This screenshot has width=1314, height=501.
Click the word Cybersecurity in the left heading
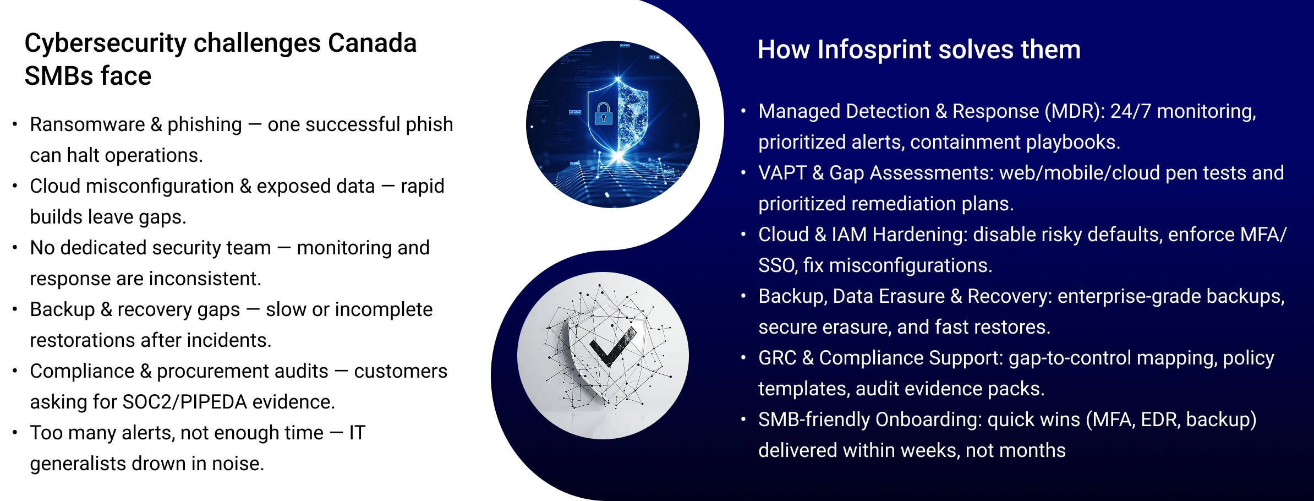click(105, 44)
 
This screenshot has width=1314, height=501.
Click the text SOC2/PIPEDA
click(184, 402)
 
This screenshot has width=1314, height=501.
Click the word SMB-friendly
click(814, 420)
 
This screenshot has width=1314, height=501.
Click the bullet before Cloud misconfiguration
click(15, 186)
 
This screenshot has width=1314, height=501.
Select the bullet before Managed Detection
click(743, 111)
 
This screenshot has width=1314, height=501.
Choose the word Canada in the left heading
click(372, 43)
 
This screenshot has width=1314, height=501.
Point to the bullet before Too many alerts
click(15, 433)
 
